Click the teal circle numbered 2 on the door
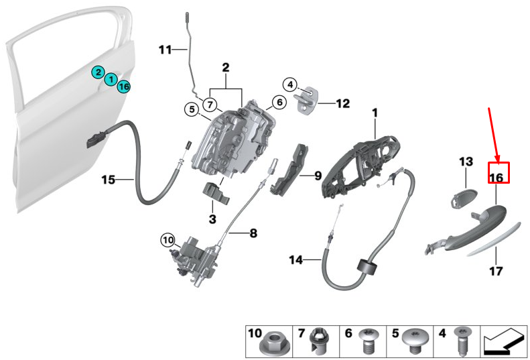click(x=98, y=72)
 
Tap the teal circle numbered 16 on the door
click(x=124, y=86)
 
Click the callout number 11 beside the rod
click(x=165, y=50)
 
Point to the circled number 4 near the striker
click(x=290, y=84)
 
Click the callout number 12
click(x=343, y=103)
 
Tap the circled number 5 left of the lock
click(x=192, y=109)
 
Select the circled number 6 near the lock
click(x=279, y=102)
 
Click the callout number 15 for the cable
click(x=109, y=180)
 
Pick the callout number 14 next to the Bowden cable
click(x=295, y=260)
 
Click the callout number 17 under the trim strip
click(x=496, y=271)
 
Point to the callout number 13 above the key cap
click(x=466, y=162)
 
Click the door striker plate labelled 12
click(x=307, y=100)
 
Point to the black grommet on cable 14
click(x=367, y=267)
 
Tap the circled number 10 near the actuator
click(x=168, y=241)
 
